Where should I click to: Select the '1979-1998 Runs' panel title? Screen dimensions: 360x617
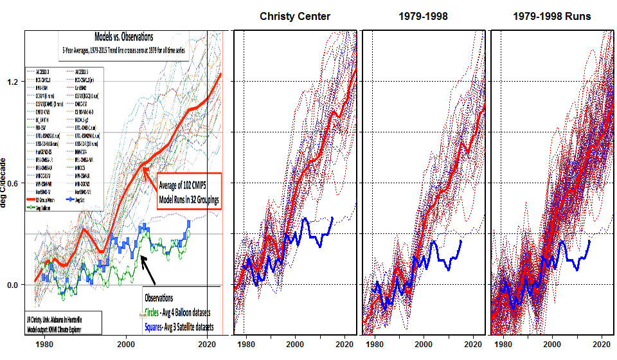tap(552, 15)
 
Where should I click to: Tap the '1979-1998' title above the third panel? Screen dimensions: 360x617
tap(423, 15)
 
